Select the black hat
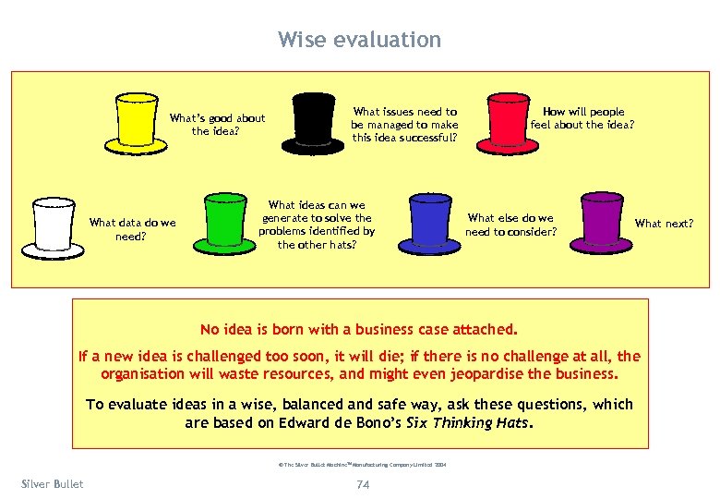pyautogui.click(x=312, y=124)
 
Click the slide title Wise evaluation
pyautogui.click(x=359, y=40)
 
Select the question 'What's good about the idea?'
pyautogui.click(x=216, y=124)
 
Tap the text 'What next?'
pyautogui.click(x=664, y=223)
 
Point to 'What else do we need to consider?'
pyautogui.click(x=510, y=225)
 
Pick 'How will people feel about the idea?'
pyautogui.click(x=582, y=118)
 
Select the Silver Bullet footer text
pyautogui.click(x=52, y=483)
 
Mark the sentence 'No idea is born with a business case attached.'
pyautogui.click(x=359, y=328)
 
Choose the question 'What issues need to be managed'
pyautogui.click(x=404, y=125)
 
